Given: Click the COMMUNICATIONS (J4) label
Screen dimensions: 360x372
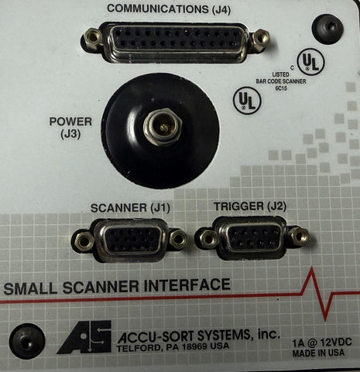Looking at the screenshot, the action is click(169, 9).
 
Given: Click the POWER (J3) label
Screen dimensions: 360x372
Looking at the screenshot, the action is click(70, 128).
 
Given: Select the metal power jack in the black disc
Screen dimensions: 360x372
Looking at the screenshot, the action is click(163, 126).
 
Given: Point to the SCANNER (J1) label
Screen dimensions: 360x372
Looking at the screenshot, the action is click(130, 208).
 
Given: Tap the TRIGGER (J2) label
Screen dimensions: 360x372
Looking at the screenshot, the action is click(250, 206).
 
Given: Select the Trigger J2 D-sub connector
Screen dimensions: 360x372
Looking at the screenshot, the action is click(252, 238).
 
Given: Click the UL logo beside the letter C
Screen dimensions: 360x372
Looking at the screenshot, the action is click(310, 61).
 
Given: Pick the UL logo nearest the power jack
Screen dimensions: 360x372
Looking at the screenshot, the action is click(247, 101).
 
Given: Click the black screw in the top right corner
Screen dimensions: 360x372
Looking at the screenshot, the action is click(327, 27).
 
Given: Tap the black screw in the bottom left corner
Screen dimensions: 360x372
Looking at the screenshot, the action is click(27, 341).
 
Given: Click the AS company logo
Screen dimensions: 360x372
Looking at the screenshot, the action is click(84, 337).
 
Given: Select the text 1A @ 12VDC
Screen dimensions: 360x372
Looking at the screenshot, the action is click(322, 343).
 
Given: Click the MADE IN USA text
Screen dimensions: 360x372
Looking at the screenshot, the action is click(318, 353).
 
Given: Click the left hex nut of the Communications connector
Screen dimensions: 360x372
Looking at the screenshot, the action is click(92, 36).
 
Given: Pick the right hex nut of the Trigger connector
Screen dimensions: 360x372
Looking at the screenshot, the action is click(299, 236).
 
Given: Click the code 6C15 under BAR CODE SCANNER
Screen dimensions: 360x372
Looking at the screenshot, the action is click(281, 88).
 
